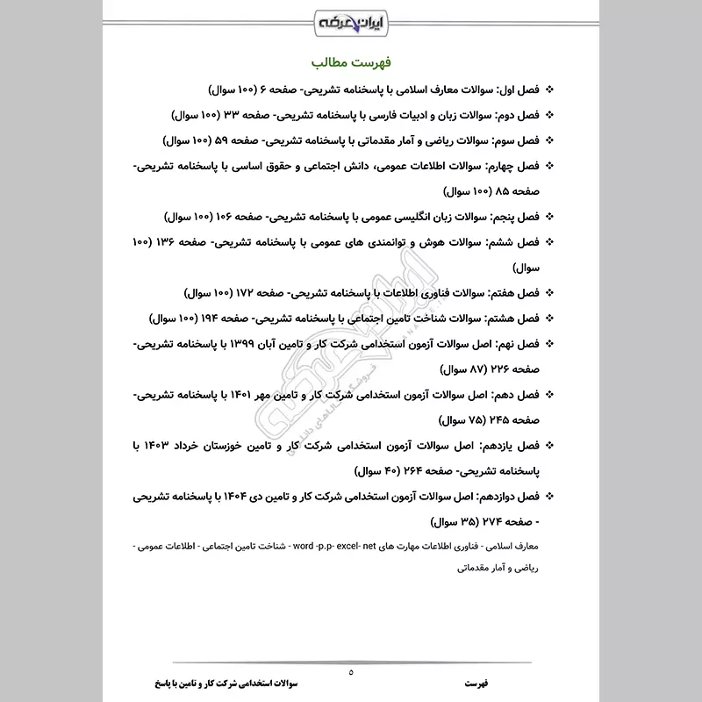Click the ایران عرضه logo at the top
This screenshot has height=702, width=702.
(x=351, y=19)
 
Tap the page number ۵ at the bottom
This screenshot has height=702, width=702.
(x=351, y=672)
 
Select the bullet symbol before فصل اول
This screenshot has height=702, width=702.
(x=550, y=90)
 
